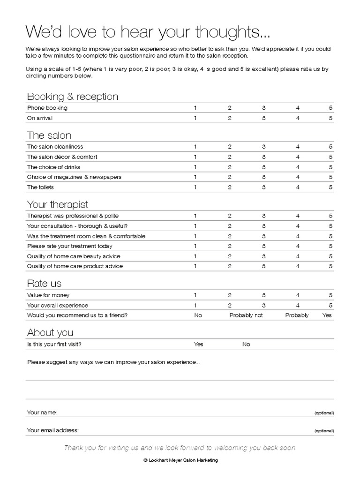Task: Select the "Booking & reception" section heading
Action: [73, 97]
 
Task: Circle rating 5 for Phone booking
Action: [330, 108]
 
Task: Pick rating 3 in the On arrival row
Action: [264, 118]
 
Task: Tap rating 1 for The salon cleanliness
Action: [195, 147]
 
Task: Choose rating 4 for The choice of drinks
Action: [298, 167]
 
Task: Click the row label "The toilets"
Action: [40, 187]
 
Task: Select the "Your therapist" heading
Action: [58, 204]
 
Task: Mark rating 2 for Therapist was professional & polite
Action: [230, 216]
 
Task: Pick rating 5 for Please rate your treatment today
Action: [330, 246]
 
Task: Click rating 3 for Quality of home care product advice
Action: [264, 266]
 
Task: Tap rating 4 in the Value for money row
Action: [298, 295]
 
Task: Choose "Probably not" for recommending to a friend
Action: [246, 315]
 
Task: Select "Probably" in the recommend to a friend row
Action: [297, 315]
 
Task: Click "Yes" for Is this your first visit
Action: [199, 344]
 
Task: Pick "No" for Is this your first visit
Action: [246, 344]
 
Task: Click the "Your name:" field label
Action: [42, 412]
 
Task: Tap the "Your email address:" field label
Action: [53, 430]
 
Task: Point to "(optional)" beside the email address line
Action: [324, 431]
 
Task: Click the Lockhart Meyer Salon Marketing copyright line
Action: [180, 460]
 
